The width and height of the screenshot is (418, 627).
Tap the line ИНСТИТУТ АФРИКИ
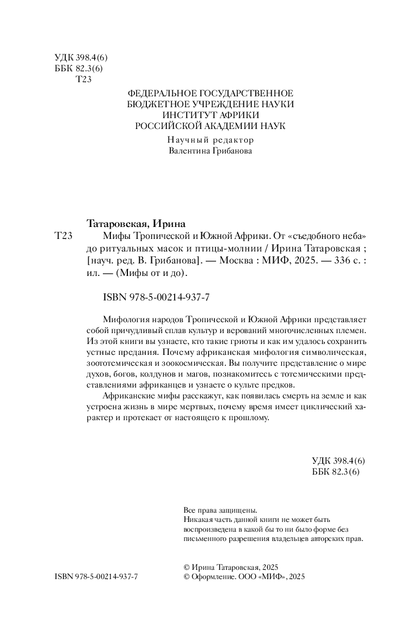point(210,115)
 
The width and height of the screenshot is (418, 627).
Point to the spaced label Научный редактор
point(210,139)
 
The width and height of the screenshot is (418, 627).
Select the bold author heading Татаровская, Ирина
point(136,223)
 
